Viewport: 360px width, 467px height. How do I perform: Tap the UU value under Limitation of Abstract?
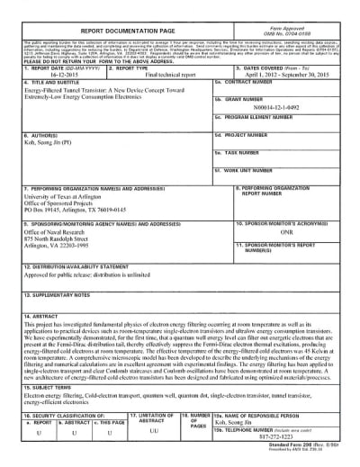coord(152,432)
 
